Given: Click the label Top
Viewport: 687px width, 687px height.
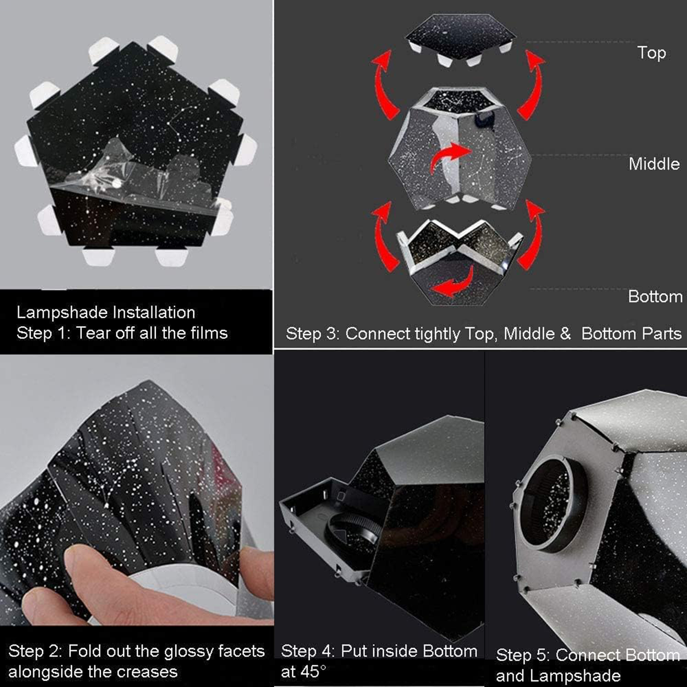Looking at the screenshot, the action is [651, 53].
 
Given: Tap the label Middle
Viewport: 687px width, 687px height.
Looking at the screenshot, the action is [654, 164].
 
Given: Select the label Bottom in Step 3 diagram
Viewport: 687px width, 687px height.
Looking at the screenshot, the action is [655, 296].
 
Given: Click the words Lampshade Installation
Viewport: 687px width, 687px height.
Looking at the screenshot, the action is [106, 312].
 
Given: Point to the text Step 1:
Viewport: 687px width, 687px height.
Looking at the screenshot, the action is [43, 333].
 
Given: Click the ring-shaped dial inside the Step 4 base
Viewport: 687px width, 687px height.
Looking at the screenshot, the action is [353, 531].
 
